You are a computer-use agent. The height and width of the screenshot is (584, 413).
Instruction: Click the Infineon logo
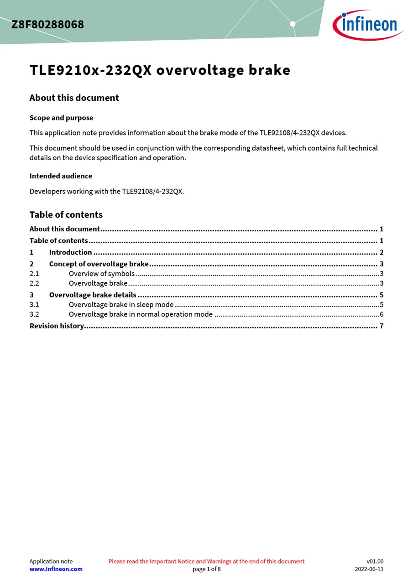coord(368,25)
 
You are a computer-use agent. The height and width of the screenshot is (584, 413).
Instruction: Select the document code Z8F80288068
coord(47,25)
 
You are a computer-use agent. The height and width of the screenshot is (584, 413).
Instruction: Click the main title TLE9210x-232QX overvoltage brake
coord(160,70)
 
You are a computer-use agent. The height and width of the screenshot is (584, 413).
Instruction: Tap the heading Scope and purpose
coord(61,118)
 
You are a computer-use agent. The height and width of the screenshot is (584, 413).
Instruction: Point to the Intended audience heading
coord(61,176)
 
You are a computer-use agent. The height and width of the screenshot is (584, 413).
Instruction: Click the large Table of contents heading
coord(66,214)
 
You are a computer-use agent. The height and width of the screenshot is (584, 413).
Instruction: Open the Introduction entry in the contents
coord(70,252)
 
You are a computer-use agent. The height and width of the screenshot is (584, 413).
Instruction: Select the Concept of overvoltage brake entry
coord(99,264)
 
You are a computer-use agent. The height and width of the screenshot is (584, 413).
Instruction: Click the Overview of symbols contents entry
coord(101,274)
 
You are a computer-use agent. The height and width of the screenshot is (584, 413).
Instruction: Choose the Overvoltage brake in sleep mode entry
coord(121,304)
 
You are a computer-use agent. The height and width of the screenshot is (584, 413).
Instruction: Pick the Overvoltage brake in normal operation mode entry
coord(141,314)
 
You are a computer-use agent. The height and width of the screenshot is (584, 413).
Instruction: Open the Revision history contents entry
coord(57,326)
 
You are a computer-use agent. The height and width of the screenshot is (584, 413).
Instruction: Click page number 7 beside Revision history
coord(382,326)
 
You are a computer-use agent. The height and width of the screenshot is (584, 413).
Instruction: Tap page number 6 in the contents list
coord(382,314)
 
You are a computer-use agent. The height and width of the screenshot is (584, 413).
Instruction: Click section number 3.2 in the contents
coord(34,314)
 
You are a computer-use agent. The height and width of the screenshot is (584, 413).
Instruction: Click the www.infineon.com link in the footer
coord(56,569)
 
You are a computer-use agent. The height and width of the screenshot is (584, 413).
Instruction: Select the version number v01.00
coord(375,561)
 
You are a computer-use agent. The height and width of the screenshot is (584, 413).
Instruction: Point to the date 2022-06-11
coord(369,569)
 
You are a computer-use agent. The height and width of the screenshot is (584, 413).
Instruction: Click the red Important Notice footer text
coord(206,561)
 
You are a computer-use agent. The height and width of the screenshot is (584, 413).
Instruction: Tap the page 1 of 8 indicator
coord(206,569)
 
